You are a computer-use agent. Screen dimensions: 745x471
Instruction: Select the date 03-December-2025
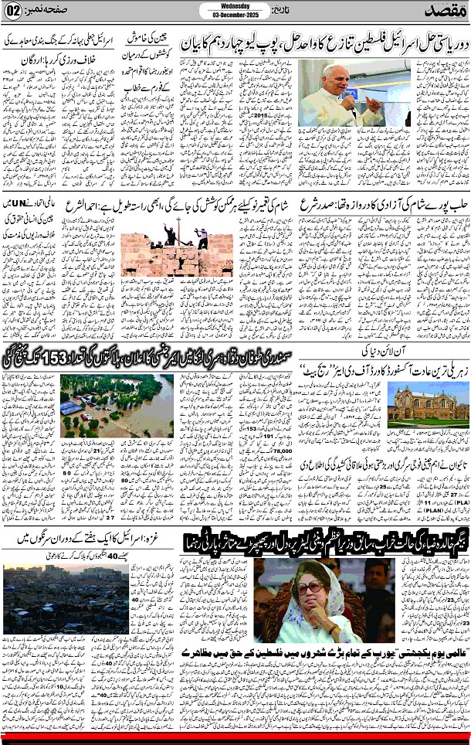coord(235,15)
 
